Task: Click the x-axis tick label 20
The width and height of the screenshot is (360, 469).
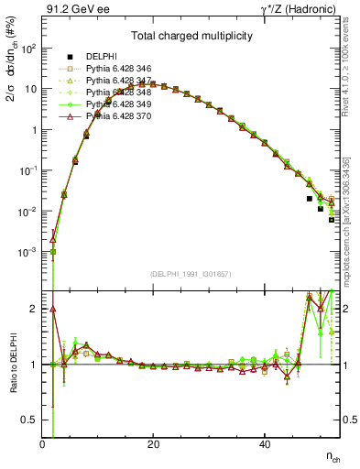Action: (153, 445)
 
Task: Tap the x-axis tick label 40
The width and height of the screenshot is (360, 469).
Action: (265, 445)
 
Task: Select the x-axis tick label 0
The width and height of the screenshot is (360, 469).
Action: (42, 445)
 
